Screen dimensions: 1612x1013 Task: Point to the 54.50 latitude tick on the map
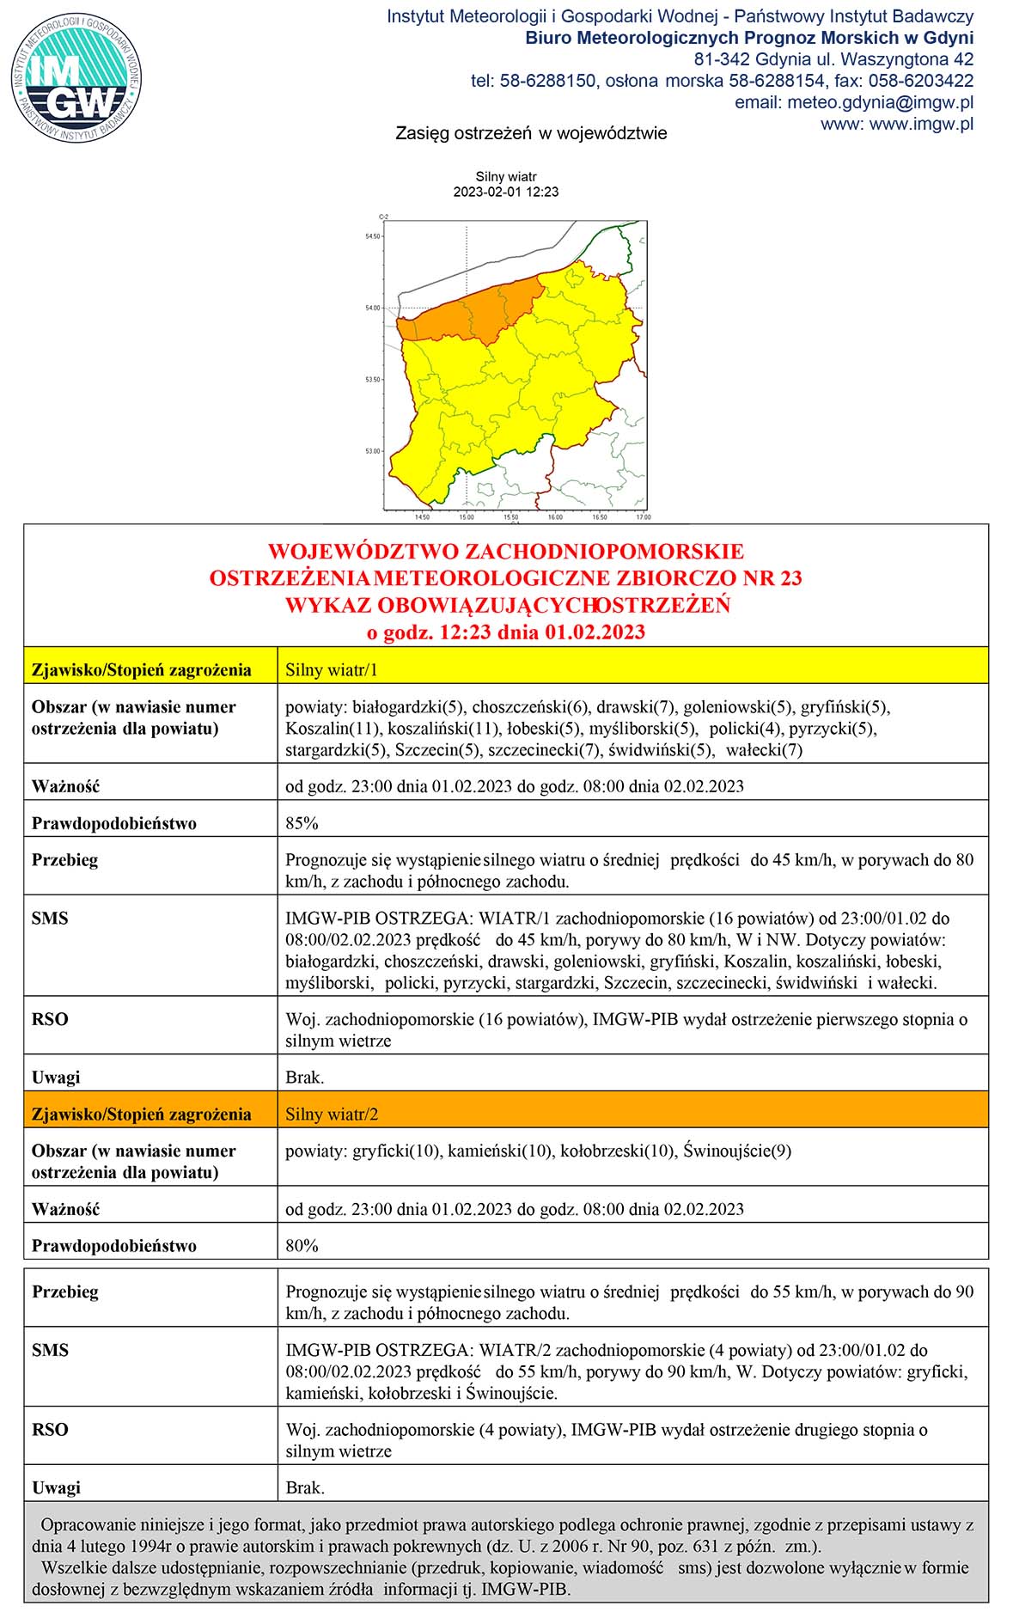(x=372, y=236)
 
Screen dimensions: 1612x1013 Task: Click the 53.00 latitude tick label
(x=372, y=451)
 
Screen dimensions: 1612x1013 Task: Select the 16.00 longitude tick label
(x=555, y=517)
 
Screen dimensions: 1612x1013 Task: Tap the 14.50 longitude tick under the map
(x=422, y=517)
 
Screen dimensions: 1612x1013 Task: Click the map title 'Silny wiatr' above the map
(x=506, y=177)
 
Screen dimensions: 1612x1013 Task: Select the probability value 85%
(x=302, y=823)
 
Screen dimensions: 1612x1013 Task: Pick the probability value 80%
(x=302, y=1245)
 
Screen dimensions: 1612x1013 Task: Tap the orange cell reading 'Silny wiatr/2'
(x=332, y=1114)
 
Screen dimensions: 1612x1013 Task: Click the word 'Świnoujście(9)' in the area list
(x=737, y=1151)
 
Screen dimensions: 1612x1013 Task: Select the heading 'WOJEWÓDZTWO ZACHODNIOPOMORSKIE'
(x=506, y=551)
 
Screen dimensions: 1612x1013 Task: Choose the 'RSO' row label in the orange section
(x=50, y=1429)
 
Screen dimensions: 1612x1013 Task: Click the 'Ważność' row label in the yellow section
(x=65, y=786)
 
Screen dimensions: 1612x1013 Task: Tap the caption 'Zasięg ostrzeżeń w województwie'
(x=531, y=133)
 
